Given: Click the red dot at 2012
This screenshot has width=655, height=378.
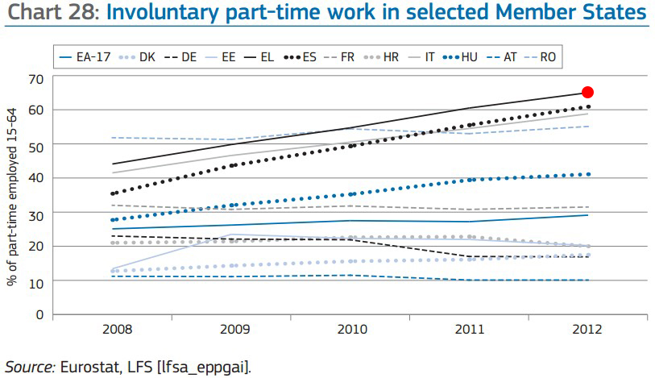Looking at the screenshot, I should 587,93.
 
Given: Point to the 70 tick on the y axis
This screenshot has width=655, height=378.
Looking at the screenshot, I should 35,78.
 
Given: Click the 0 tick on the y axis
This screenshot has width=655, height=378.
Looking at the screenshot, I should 38,314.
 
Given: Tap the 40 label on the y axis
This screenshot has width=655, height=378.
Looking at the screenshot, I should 35,179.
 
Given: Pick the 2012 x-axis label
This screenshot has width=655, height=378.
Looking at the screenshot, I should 588,330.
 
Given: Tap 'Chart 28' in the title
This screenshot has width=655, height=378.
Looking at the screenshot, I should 51,14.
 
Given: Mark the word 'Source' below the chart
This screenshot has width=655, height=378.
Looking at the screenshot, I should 29,367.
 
